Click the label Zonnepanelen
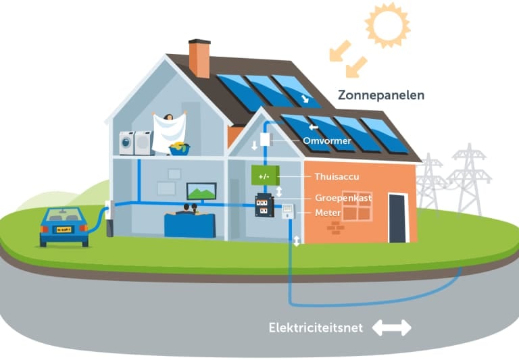[382, 95]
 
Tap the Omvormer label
[327, 140]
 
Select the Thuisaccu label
[337, 177]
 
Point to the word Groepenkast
[344, 198]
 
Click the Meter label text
[328, 213]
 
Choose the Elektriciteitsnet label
[316, 328]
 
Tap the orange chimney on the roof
[199, 59]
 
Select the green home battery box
[265, 175]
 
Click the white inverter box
[265, 140]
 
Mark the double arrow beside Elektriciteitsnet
[391, 328]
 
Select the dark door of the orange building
[397, 217]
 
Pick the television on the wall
[201, 191]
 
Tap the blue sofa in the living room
[189, 225]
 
